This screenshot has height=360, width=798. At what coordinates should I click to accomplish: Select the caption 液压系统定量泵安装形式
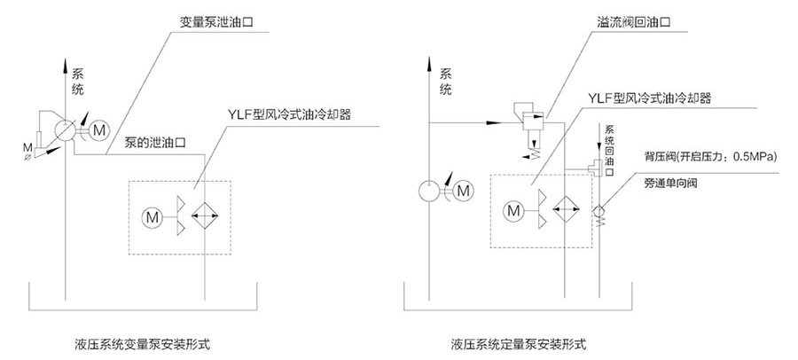pos(519,341)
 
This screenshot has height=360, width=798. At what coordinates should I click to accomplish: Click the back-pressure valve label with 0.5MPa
pos(710,157)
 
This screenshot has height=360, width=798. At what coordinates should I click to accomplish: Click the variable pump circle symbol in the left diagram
pos(64,129)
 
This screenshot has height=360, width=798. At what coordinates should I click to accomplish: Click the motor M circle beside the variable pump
pos(97,129)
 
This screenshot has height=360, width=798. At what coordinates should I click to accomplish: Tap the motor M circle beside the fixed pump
pos(462,189)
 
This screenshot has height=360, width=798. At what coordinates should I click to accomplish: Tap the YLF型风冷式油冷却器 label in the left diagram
pos(290,114)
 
